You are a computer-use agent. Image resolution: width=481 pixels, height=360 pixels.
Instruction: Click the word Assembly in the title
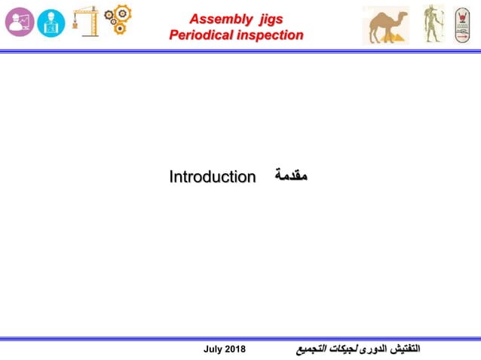[220, 19]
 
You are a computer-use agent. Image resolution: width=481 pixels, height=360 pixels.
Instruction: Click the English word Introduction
[212, 177]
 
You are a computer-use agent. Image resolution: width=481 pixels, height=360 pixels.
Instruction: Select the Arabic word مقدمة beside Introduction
[290, 176]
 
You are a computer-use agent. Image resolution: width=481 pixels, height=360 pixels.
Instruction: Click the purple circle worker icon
[20, 22]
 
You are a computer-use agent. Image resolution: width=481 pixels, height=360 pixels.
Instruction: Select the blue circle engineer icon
[51, 23]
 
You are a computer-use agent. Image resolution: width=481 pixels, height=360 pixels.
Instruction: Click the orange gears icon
[118, 20]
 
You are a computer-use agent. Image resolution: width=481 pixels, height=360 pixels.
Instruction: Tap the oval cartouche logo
[461, 24]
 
